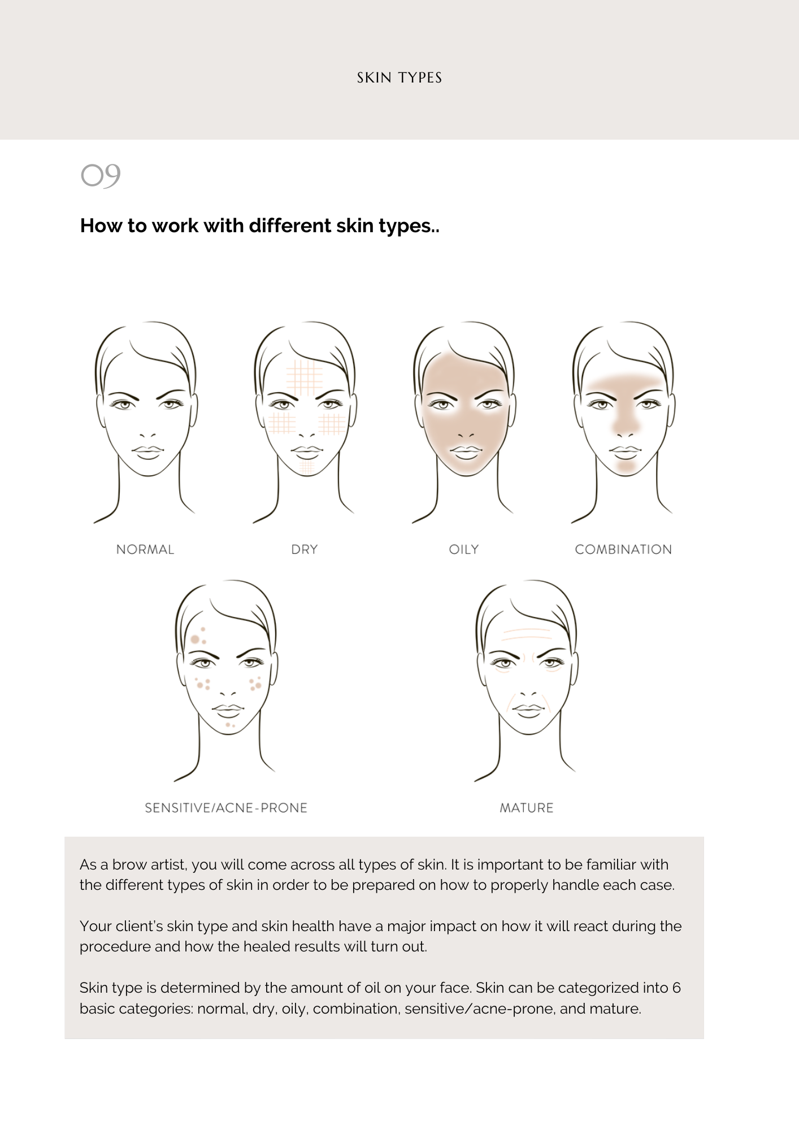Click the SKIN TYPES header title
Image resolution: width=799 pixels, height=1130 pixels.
coord(399,78)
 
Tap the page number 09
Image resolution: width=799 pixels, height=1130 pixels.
coord(101,175)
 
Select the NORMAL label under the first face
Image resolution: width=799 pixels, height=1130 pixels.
coord(145,549)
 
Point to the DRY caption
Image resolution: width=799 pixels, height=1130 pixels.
coord(305,549)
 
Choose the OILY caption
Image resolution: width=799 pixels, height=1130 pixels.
coord(464,549)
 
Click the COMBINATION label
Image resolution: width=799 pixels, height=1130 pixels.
coord(623,549)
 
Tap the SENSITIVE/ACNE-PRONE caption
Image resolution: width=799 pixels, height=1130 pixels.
coord(226,808)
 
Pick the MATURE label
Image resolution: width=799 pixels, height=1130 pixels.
coord(527,808)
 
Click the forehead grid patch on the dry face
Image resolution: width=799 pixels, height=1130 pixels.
coord(305,377)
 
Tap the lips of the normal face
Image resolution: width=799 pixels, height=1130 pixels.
coord(148,451)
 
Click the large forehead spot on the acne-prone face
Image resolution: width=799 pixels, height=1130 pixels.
coord(196,639)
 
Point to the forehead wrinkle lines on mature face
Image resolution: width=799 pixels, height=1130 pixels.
coord(527,634)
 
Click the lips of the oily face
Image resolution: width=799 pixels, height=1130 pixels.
coord(466,451)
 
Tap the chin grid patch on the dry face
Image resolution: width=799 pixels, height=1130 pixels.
coord(307,467)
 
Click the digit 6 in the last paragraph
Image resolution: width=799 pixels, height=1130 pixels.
coord(676,988)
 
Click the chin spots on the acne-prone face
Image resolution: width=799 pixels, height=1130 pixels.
coord(230,724)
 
